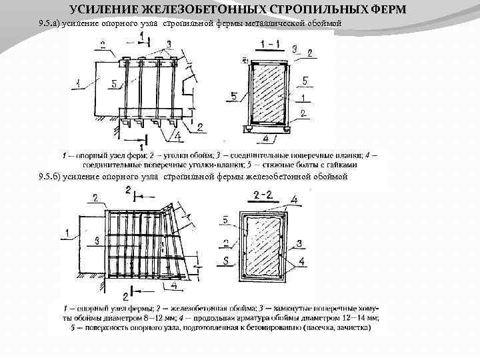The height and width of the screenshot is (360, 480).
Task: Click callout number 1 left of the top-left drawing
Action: [x=79, y=84]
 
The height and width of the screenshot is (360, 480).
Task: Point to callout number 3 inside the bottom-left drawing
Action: [x=97, y=239]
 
